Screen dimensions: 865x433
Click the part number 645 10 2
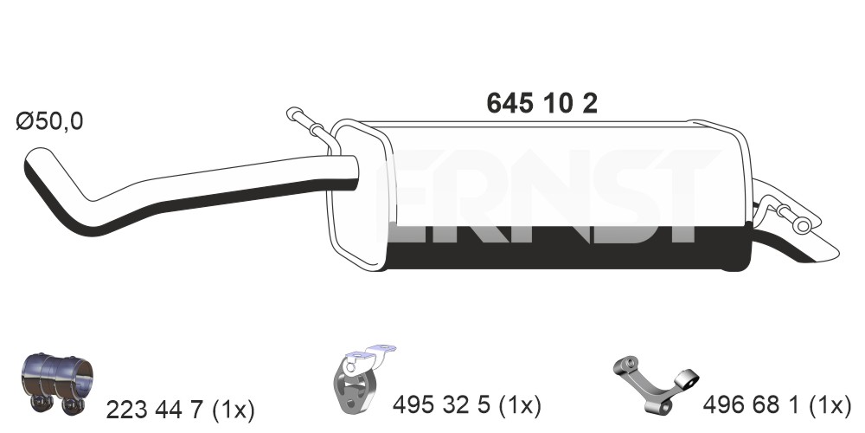(541, 103)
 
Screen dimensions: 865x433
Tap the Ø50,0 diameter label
(49, 121)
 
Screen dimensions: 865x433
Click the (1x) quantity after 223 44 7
(237, 410)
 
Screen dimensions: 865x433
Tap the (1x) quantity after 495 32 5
(523, 405)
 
